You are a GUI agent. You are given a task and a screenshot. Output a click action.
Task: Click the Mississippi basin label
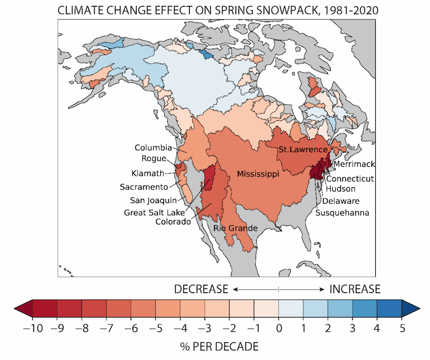click(259, 174)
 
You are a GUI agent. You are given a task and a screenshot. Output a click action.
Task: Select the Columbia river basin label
click(153, 147)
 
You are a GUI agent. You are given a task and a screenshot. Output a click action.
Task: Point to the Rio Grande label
click(236, 228)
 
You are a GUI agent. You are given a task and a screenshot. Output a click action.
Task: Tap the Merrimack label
click(354, 164)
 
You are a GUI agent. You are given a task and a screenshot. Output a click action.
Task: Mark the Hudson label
click(340, 188)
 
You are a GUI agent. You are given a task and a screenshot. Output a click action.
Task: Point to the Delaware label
click(341, 201)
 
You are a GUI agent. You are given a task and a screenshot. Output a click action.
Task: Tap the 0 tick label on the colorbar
click(279, 327)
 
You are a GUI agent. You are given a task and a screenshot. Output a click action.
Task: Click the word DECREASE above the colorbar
click(202, 289)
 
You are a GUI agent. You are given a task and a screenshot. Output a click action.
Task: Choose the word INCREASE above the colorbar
click(355, 289)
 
